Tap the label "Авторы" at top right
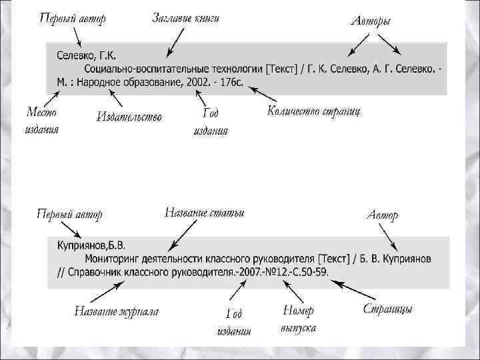(x=371, y=21)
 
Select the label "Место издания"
(x=41, y=120)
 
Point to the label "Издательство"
(x=129, y=117)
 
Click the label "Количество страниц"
(x=314, y=111)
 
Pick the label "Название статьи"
(x=204, y=213)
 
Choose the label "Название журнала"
(x=116, y=310)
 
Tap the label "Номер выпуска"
(x=298, y=319)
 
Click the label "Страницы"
(x=387, y=309)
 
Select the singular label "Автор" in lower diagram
(x=383, y=215)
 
